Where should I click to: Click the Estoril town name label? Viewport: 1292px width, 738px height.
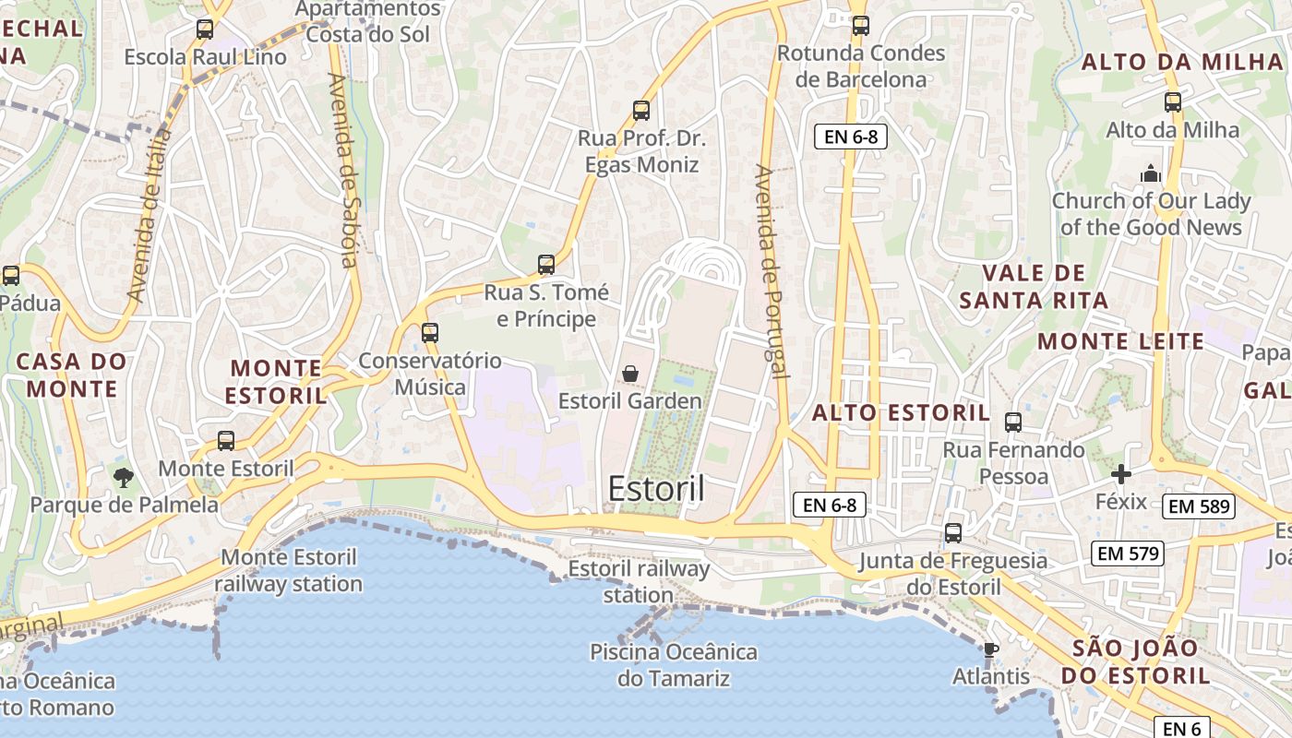656,489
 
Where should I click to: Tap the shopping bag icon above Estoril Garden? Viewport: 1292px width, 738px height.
630,374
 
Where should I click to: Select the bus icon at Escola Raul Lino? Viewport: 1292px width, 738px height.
205,30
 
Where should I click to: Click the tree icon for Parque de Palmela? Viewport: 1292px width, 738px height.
123,477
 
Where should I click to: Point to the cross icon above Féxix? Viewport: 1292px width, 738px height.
1121,474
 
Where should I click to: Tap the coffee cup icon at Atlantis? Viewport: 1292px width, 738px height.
991,649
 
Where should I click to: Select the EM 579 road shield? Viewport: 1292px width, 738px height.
1127,553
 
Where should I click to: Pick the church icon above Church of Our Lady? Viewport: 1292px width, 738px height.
1150,173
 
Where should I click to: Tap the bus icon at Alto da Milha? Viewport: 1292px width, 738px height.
1173,102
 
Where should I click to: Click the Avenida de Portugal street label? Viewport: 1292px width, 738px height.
772,272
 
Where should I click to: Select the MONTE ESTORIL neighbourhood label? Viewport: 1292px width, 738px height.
277,382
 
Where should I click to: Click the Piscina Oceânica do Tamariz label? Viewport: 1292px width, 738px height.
674,665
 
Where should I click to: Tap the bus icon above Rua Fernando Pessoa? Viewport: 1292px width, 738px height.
1013,423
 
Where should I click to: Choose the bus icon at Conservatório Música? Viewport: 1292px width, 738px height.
430,333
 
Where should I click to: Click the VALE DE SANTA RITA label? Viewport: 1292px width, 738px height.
1033,286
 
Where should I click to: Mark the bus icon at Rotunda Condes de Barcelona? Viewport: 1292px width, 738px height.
861,26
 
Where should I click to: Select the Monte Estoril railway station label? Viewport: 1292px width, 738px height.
289,570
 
